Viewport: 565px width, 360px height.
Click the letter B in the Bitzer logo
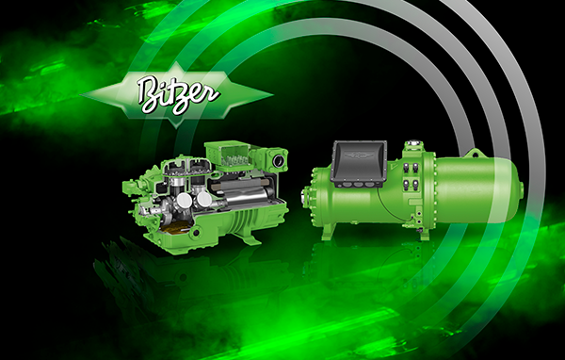pyautogui.click(x=149, y=94)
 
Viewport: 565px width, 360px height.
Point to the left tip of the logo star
pyautogui.click(x=81, y=95)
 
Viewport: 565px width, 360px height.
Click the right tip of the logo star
pyautogui.click(x=272, y=95)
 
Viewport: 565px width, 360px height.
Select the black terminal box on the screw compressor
pyautogui.click(x=359, y=164)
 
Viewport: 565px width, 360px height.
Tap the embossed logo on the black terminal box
pyautogui.click(x=359, y=155)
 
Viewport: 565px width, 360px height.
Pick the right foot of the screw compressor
pyautogui.click(x=425, y=233)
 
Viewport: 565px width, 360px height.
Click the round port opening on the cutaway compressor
pyautogui.click(x=278, y=161)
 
